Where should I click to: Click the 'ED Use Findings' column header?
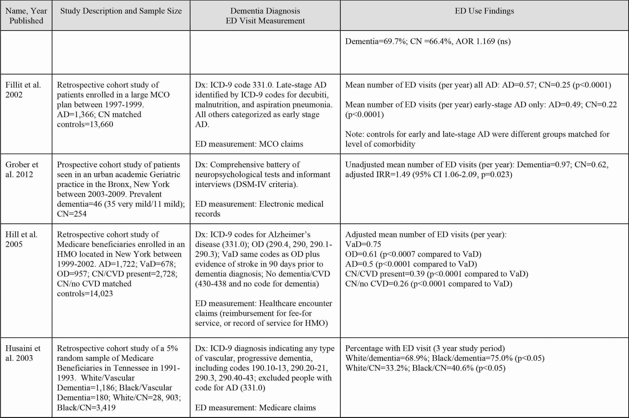pos(484,11)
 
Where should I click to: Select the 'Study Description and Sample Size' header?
pos(121,11)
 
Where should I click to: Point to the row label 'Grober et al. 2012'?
pos(22,170)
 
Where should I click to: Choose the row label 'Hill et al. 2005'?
pos(21,239)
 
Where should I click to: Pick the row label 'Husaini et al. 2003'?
pos(23,353)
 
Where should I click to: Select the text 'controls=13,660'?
pos(85,124)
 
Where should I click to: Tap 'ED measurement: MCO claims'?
pos(249,144)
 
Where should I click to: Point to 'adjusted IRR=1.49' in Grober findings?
pos(377,175)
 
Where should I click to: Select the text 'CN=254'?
pos(71,214)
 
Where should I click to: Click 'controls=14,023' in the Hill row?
pos(85,294)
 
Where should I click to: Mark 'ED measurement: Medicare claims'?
pos(255,408)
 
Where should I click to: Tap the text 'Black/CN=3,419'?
pos(86,408)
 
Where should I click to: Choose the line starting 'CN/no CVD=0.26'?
pos(429,284)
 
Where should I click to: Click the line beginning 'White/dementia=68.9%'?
pos(444,358)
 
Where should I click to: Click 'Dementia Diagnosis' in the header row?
pos(265,11)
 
